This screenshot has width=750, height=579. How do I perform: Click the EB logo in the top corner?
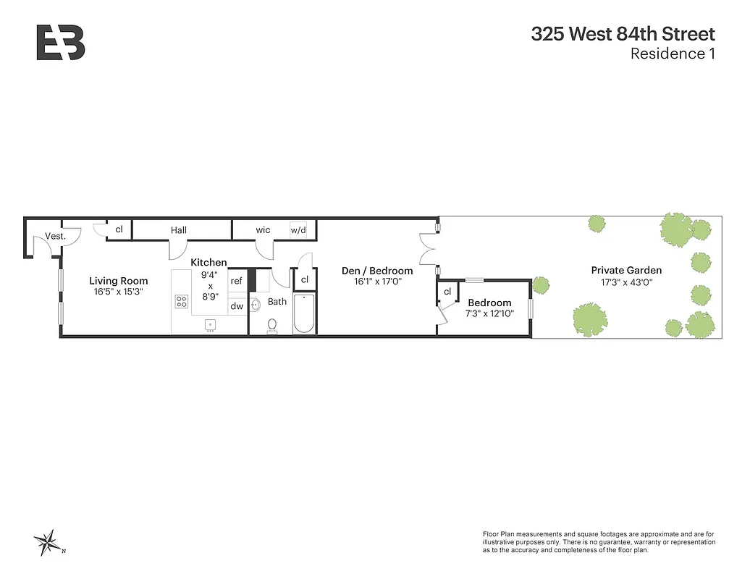click(61, 43)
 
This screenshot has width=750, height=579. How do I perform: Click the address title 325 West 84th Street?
click(623, 34)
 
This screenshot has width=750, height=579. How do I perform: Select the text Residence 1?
click(673, 54)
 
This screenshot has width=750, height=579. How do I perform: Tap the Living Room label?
click(119, 281)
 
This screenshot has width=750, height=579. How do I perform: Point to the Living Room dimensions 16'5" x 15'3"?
click(119, 292)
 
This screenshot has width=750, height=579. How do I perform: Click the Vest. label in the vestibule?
click(55, 236)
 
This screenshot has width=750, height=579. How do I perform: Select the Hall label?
click(179, 230)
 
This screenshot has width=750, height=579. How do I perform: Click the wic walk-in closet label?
click(263, 230)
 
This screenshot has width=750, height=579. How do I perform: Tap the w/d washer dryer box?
click(298, 230)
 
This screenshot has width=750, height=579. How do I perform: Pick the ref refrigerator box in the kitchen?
click(236, 282)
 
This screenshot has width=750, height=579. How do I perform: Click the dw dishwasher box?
click(236, 306)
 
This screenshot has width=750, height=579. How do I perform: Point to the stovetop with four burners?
click(182, 302)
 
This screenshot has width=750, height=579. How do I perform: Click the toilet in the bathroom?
click(272, 325)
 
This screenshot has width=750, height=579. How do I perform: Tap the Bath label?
click(277, 301)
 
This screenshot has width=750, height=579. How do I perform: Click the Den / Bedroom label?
click(377, 271)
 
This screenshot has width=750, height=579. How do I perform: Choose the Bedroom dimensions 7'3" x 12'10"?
click(489, 314)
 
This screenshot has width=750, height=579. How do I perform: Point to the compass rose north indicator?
click(47, 541)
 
